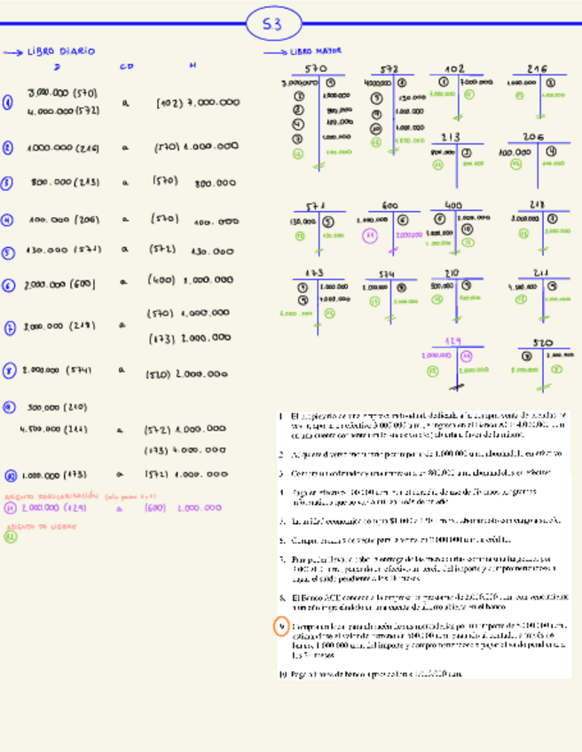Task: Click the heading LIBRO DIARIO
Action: [61, 52]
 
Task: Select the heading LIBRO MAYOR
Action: [316, 51]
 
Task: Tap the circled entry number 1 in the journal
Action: [8, 103]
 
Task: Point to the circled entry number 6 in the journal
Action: [8, 286]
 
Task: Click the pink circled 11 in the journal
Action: [9, 508]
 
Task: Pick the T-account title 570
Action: [316, 69]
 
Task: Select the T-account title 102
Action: [454, 69]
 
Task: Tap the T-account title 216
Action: [537, 69]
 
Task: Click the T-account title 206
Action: [532, 137]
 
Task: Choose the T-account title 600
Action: [389, 206]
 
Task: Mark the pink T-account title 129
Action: [453, 341]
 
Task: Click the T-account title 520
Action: [542, 342]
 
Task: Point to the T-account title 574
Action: [387, 275]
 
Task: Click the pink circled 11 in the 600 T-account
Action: [371, 235]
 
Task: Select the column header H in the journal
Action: [193, 67]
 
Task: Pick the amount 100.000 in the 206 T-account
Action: [515, 152]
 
